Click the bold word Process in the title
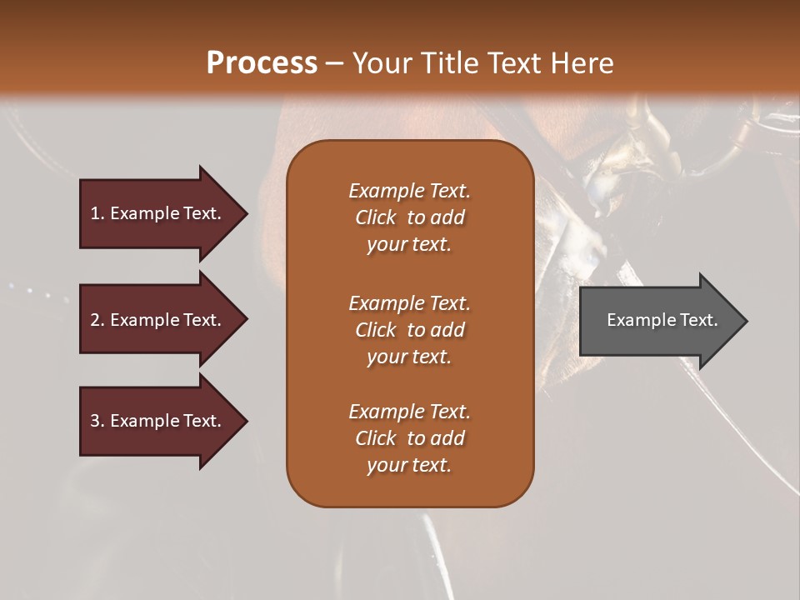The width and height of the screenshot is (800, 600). point(262,63)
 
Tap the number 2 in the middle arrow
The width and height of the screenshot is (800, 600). point(96,320)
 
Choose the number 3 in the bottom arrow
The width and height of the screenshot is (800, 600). point(96,421)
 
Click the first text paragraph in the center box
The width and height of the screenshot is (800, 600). point(409,217)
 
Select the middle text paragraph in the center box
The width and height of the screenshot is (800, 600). point(409,330)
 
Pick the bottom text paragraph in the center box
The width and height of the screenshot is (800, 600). point(409,438)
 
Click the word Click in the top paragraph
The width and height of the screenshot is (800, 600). point(375,217)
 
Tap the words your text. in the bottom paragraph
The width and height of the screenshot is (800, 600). point(409,465)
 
